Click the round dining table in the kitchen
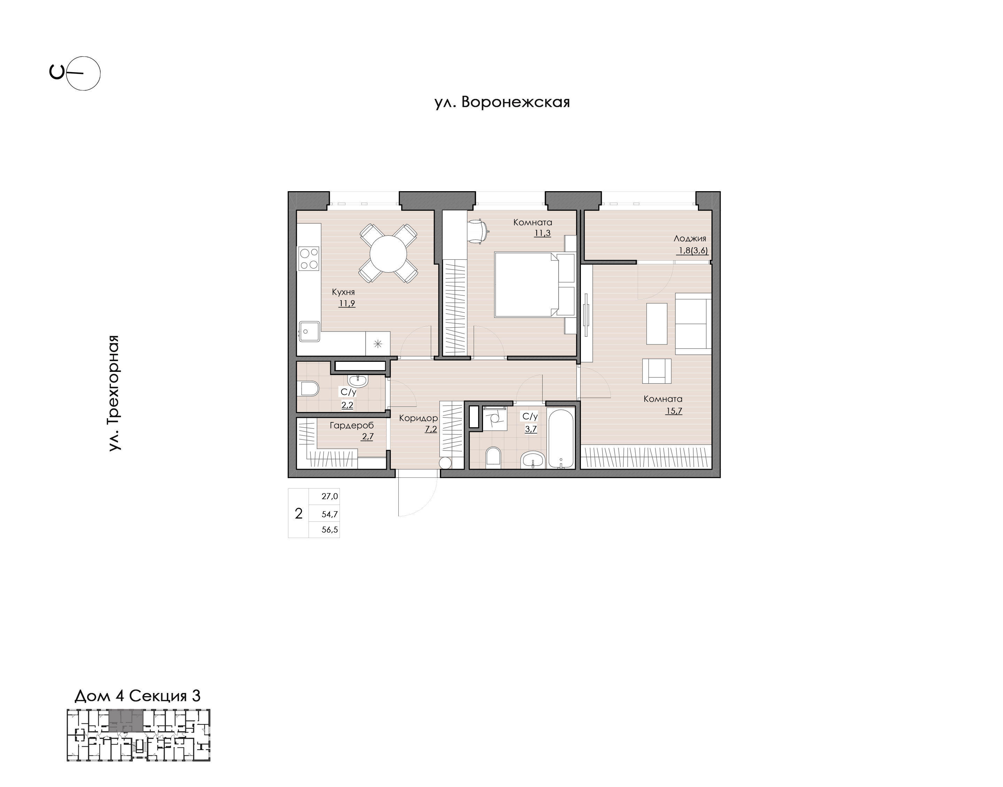pyautogui.click(x=388, y=254)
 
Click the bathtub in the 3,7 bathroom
pyautogui.click(x=561, y=439)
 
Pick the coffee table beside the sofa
pyautogui.click(x=657, y=324)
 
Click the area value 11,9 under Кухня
pyautogui.click(x=347, y=303)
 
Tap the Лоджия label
pyautogui.click(x=690, y=239)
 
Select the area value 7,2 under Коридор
pyautogui.click(x=431, y=429)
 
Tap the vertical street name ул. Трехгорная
pyautogui.click(x=114, y=393)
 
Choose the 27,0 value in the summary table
pyautogui.click(x=330, y=496)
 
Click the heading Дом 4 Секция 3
pyautogui.click(x=137, y=696)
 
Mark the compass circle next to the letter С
pyautogui.click(x=83, y=73)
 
